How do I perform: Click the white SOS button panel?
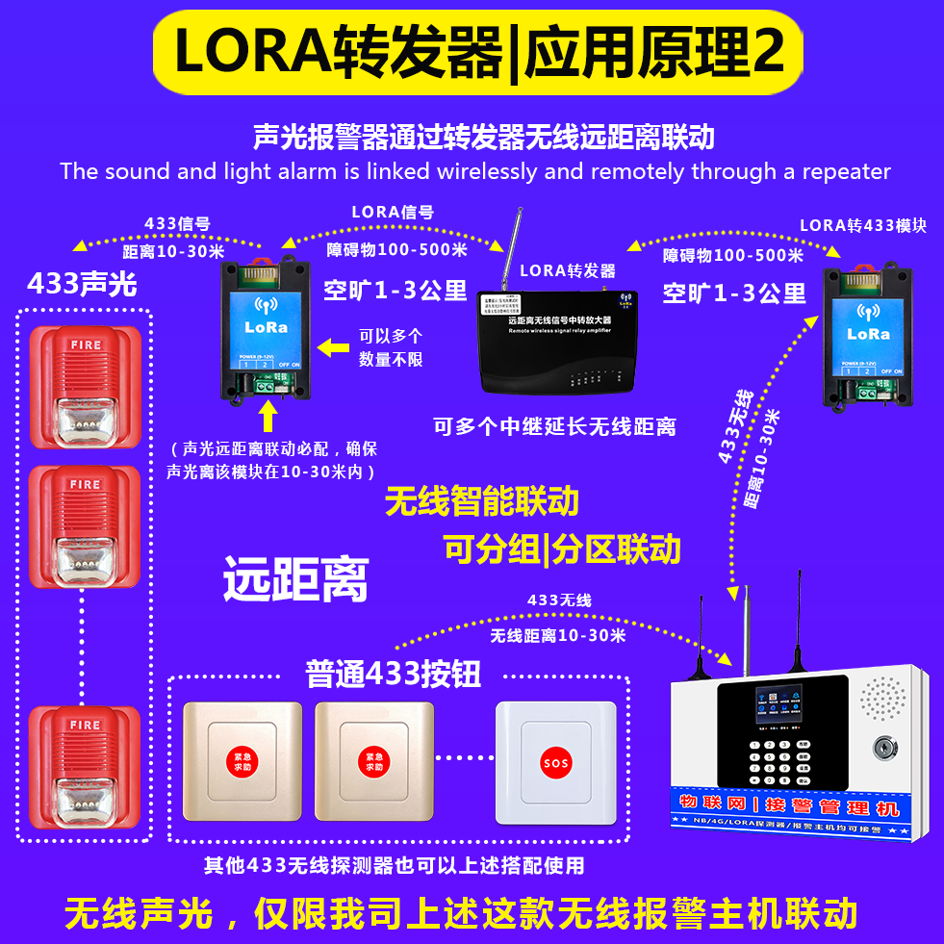(555, 763)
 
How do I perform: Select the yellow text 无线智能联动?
(481, 501)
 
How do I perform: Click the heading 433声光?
(82, 284)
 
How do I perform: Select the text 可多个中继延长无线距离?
(554, 426)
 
